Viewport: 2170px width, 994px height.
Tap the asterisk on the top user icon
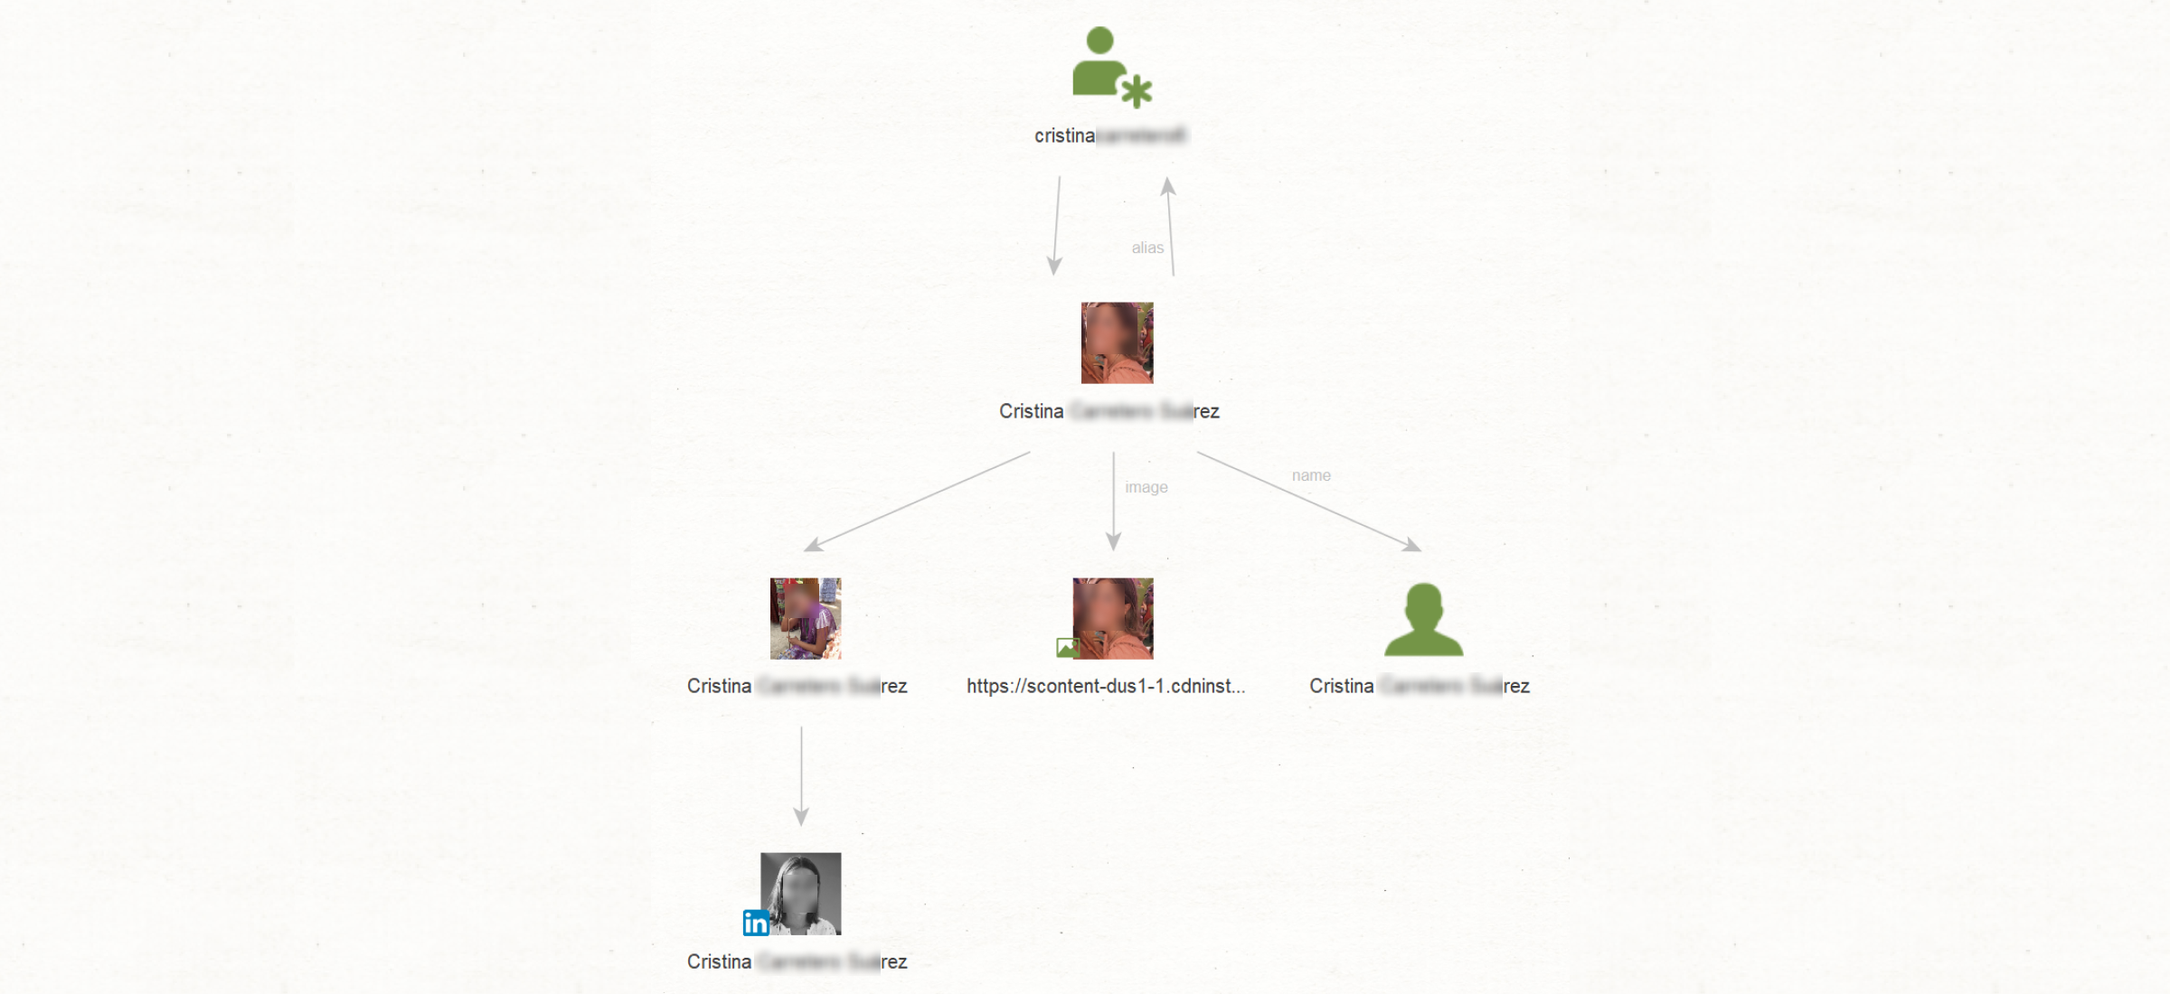point(1136,91)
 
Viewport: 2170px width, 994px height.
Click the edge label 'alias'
point(1147,248)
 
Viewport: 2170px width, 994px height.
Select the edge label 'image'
point(1146,487)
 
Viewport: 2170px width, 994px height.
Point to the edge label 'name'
point(1310,475)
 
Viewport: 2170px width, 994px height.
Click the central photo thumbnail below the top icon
point(1117,342)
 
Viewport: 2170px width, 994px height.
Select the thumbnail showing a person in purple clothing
point(805,618)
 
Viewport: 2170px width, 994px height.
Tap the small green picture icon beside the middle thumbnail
point(1067,647)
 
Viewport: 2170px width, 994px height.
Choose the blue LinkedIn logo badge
point(755,923)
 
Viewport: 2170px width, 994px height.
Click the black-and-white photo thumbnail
point(801,893)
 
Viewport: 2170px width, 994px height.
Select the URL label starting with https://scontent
point(1105,686)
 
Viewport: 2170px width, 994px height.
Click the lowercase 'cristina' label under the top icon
point(1109,136)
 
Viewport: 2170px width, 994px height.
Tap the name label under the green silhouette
point(1419,686)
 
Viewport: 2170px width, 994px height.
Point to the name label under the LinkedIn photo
point(797,961)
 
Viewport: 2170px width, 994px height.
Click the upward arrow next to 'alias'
point(1170,226)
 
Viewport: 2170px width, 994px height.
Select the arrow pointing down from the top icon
point(1056,226)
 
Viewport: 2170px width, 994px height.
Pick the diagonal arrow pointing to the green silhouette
point(1308,501)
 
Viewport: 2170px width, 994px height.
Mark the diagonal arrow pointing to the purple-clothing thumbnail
point(917,501)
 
